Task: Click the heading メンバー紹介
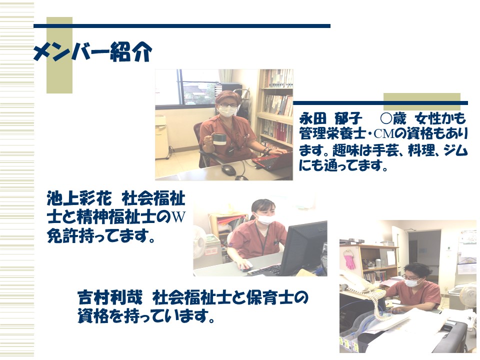point(92,51)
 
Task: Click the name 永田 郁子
point(330,118)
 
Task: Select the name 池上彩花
point(79,198)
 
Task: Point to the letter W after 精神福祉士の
point(179,217)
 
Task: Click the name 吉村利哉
point(110,297)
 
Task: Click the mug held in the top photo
point(218,139)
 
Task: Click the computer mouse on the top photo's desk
point(228,169)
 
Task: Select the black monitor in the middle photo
point(303,247)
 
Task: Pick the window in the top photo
point(197,87)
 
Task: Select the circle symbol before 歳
point(386,118)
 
